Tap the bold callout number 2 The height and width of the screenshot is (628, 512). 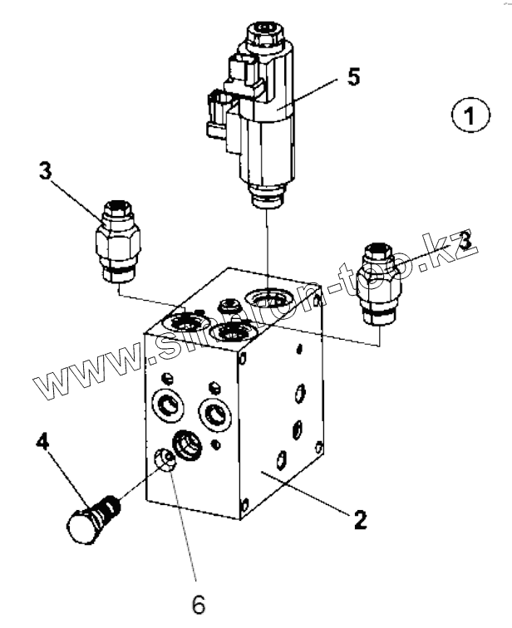point(359,521)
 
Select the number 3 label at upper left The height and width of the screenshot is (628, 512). point(45,172)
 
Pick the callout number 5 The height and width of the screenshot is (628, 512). point(353,77)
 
